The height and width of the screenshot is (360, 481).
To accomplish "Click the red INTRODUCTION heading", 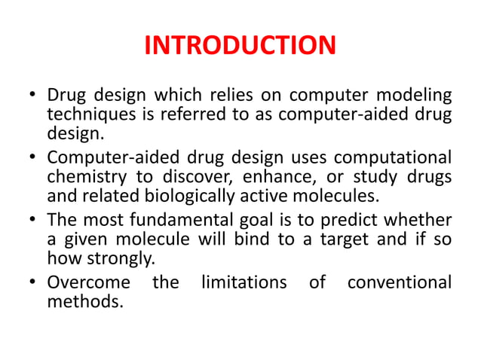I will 240,47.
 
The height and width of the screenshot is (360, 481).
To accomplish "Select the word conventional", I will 400,284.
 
